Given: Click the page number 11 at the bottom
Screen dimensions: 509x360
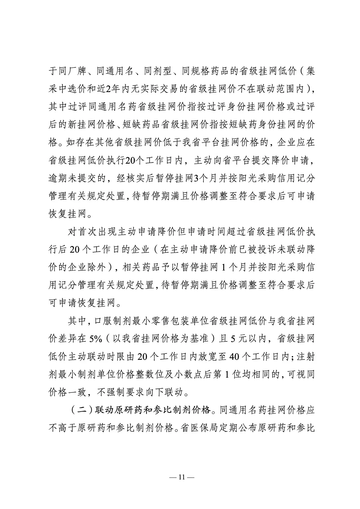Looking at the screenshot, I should (x=180, y=477).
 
